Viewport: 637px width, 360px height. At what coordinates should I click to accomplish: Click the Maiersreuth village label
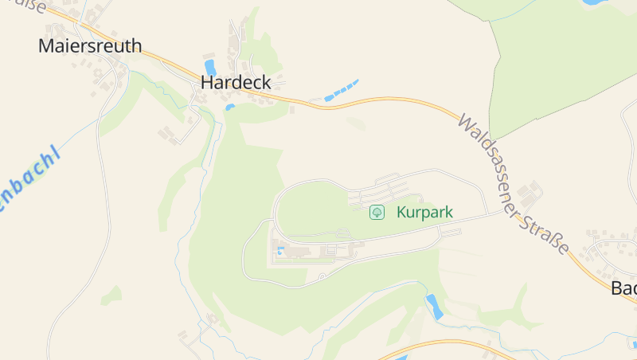90,45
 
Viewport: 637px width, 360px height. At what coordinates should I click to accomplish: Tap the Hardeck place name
236,82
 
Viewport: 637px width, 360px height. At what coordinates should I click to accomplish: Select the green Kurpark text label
424,213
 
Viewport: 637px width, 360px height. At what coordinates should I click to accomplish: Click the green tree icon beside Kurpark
377,213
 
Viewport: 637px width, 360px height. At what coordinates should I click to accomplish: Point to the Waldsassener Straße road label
513,184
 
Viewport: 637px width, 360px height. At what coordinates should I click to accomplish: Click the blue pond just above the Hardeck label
210,67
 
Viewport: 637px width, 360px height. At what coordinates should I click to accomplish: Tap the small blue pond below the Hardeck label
230,107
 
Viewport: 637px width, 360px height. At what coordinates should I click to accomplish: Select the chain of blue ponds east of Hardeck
341,89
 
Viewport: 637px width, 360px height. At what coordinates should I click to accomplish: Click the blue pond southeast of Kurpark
434,306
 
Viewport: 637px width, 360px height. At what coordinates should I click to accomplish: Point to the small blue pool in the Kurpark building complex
280,251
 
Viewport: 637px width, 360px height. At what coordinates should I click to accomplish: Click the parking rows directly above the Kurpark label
386,191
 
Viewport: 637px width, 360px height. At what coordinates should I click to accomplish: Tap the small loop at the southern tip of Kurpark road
322,276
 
